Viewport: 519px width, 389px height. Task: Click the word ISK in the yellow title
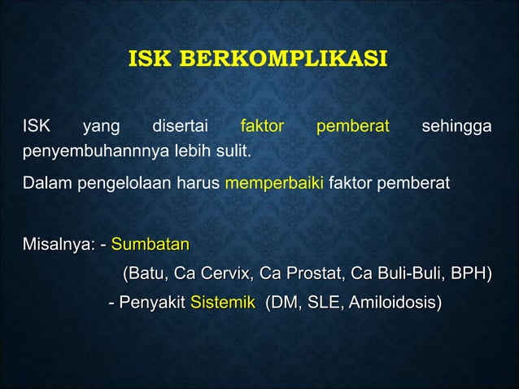(147, 60)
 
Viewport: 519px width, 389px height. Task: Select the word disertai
(180, 127)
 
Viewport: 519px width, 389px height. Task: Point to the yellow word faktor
(263, 127)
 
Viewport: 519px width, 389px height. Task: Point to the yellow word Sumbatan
(150, 243)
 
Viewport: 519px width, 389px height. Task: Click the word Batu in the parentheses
(144, 273)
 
